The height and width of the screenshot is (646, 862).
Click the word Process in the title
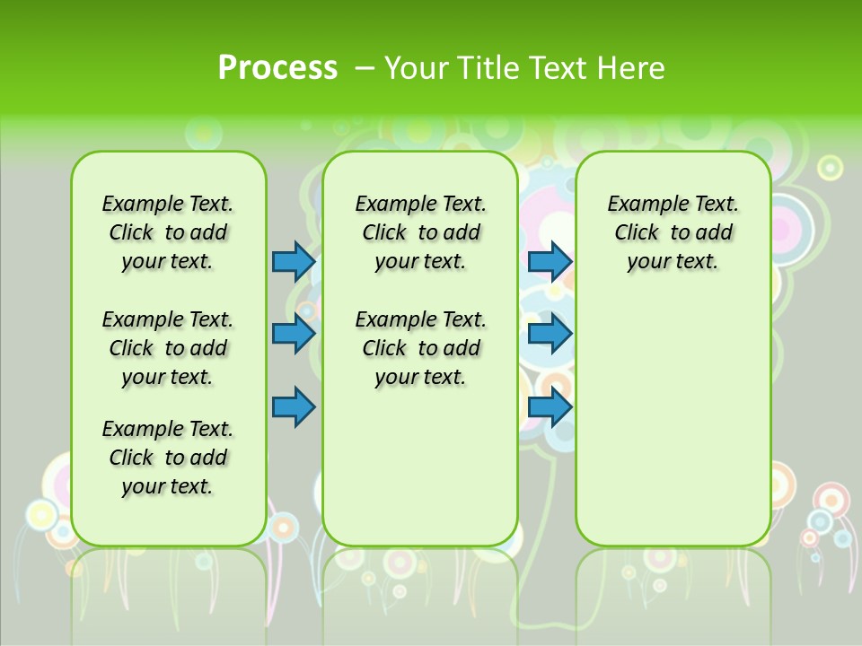pos(277,67)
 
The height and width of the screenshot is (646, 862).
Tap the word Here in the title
pos(631,67)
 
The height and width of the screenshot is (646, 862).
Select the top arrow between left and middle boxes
pos(294,261)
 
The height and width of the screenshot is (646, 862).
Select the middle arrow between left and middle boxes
pos(294,335)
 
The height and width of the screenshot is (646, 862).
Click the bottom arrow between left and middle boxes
pos(294,406)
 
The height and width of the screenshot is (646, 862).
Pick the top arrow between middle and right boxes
pos(550,261)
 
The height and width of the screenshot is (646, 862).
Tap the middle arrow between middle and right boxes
pos(550,335)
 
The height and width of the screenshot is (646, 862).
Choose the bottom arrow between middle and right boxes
pos(550,406)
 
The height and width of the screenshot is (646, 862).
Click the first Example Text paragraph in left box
pos(168,232)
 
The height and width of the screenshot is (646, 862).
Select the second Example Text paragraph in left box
pos(168,348)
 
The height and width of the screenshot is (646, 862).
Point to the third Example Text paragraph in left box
pos(168,458)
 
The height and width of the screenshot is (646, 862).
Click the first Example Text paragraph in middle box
pos(421,232)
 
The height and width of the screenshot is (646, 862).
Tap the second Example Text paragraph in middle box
pos(421,348)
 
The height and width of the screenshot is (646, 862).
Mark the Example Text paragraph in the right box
pos(673,232)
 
